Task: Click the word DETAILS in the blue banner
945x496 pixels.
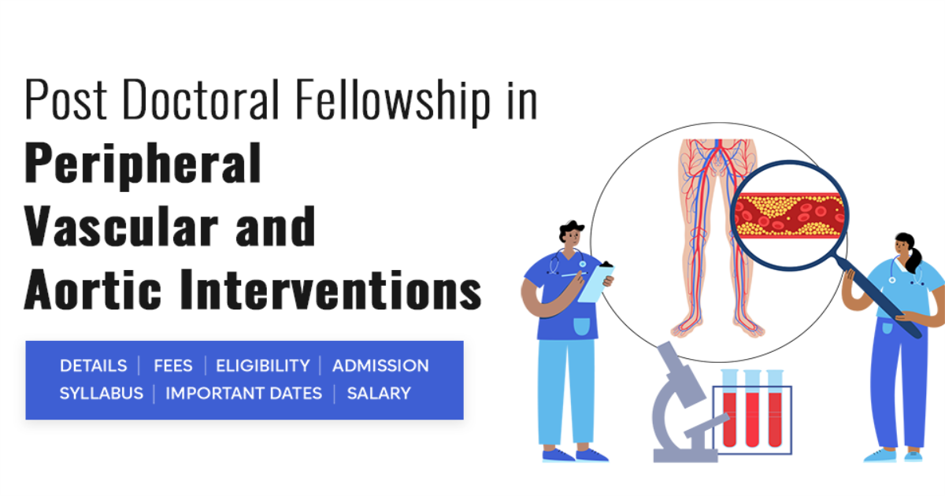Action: click(x=93, y=366)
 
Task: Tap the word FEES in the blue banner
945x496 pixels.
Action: click(x=172, y=366)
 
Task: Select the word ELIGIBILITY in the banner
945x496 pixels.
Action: click(x=262, y=366)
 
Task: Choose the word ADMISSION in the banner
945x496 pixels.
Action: click(x=380, y=366)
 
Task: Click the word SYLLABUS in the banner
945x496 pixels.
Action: click(x=101, y=393)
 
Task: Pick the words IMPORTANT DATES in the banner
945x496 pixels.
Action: click(x=243, y=393)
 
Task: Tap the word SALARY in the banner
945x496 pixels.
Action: click(x=379, y=393)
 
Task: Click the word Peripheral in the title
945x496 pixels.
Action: click(x=143, y=163)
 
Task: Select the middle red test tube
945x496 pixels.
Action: click(x=752, y=413)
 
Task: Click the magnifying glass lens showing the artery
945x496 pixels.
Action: click(x=790, y=213)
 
